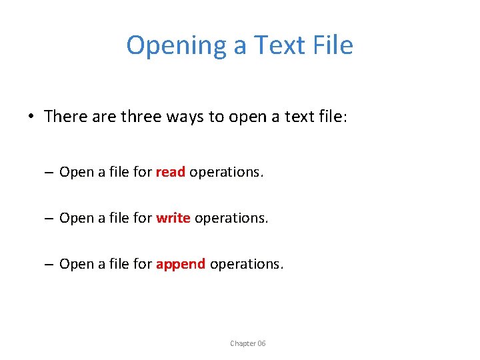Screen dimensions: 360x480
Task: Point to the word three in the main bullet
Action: [141, 117]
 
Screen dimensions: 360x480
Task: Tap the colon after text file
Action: [343, 118]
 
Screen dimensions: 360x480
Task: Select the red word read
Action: [170, 172]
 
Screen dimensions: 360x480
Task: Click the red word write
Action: [173, 218]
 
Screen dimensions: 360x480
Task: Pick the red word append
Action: [181, 264]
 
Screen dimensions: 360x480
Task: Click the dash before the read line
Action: [50, 173]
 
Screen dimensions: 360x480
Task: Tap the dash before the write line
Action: [50, 219]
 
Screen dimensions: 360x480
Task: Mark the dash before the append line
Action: [50, 265]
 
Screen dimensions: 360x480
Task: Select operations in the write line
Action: [231, 218]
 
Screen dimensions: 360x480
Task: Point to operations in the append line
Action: [246, 264]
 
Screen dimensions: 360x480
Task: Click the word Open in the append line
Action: [76, 264]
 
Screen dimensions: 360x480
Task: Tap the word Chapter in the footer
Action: [243, 343]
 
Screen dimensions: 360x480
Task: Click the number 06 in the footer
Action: [261, 343]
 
